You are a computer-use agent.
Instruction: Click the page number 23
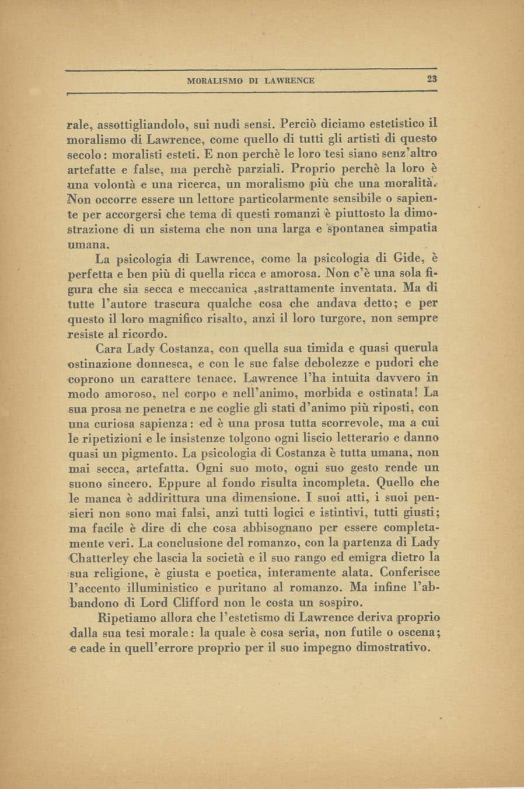[432, 80]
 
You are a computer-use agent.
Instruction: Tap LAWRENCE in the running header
[290, 81]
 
